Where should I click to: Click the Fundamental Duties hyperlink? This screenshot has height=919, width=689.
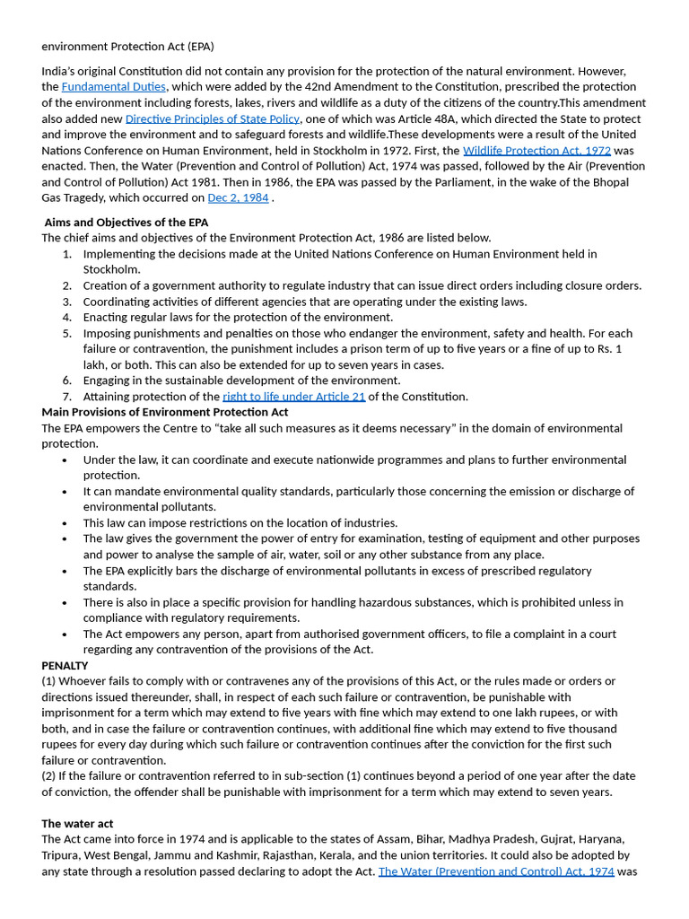(113, 87)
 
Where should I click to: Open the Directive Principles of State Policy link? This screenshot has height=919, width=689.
(213, 118)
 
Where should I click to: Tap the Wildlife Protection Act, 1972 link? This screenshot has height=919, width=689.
(536, 151)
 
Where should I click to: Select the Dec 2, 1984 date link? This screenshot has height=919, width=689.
(238, 197)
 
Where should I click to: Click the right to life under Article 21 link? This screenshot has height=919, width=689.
(293, 397)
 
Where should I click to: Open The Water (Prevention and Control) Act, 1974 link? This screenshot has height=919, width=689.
(496, 871)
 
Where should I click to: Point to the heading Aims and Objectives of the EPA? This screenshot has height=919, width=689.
(126, 223)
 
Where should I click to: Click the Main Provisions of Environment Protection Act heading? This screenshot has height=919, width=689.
(165, 412)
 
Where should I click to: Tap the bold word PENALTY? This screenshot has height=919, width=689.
(65, 666)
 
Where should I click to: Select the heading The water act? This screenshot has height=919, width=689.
(77, 824)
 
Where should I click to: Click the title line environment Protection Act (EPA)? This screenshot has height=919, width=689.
(127, 46)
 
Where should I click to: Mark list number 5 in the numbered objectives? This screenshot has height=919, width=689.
(67, 333)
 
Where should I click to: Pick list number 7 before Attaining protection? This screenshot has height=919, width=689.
(67, 397)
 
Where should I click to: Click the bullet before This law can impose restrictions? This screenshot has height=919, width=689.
(65, 523)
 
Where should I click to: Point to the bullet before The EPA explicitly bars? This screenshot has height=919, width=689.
(65, 571)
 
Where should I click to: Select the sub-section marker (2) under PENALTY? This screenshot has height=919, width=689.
(48, 776)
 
